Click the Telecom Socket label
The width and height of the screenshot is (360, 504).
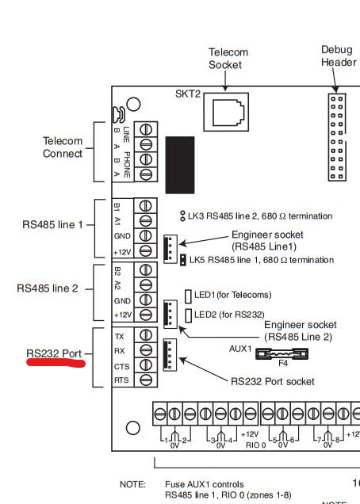(228, 58)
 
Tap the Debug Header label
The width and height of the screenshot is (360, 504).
(339, 55)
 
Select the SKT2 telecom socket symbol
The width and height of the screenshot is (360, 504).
(229, 111)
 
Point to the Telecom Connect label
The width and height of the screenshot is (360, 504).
(63, 147)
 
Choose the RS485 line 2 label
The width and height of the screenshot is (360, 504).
(48, 288)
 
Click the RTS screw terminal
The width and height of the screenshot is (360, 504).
(146, 380)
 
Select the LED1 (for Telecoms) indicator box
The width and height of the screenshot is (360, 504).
(188, 296)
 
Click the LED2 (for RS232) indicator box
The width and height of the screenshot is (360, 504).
(188, 315)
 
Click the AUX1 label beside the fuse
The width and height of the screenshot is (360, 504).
(240, 348)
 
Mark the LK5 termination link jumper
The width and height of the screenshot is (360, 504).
(183, 259)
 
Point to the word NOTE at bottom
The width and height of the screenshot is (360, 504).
(132, 483)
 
